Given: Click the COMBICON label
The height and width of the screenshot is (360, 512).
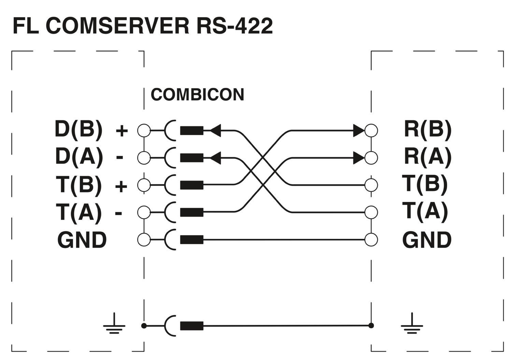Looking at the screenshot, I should pyautogui.click(x=197, y=95).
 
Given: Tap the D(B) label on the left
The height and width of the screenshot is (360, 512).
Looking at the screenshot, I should pyautogui.click(x=79, y=129).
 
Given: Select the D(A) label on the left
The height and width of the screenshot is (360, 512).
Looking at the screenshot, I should pyautogui.click(x=79, y=157).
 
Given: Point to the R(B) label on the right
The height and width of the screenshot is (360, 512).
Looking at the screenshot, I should pyautogui.click(x=428, y=129).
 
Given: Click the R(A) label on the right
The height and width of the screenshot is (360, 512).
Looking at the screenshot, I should pyautogui.click(x=428, y=157).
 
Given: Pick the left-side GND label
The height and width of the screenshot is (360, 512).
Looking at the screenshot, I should pyautogui.click(x=82, y=240).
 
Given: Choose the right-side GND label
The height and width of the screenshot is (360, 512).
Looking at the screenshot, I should pyautogui.click(x=427, y=240).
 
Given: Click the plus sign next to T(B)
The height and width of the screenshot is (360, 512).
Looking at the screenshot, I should pyautogui.click(x=121, y=186).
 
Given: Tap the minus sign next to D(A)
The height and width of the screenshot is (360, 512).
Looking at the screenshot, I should pyautogui.click(x=119, y=157).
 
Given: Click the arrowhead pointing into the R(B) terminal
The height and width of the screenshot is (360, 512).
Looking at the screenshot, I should pyautogui.click(x=358, y=130).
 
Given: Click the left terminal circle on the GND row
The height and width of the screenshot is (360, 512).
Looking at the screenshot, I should pyautogui.click(x=144, y=239).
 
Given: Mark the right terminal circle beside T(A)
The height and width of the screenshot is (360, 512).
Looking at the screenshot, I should pyautogui.click(x=371, y=212).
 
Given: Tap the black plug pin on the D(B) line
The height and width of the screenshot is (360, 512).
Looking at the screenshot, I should pyautogui.click(x=191, y=130).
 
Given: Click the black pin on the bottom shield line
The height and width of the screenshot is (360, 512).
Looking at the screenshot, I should pyautogui.click(x=191, y=326).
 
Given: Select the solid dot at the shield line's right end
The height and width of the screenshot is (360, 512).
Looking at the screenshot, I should pyautogui.click(x=371, y=326).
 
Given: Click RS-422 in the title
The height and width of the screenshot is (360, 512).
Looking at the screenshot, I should pyautogui.click(x=234, y=26).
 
